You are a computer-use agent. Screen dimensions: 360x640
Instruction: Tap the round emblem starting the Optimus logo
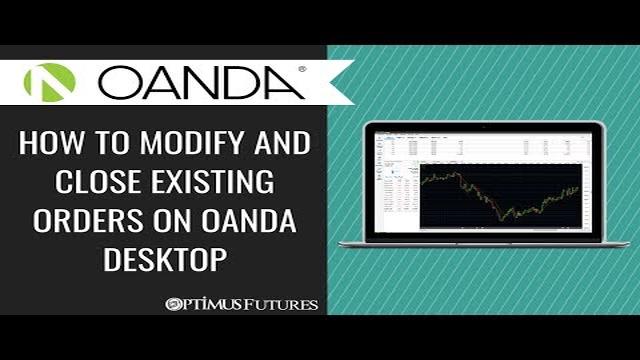[172, 303]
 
